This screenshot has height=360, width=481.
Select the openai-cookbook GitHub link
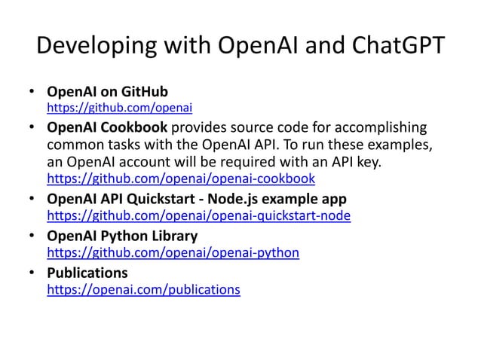click(x=181, y=179)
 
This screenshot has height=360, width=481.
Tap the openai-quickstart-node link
click(x=199, y=217)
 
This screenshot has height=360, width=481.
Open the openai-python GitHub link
click(x=173, y=252)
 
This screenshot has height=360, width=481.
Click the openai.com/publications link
click(x=144, y=288)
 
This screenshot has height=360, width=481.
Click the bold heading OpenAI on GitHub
click(x=107, y=92)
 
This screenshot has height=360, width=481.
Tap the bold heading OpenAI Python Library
click(x=122, y=236)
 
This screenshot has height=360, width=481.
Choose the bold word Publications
click(x=87, y=272)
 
